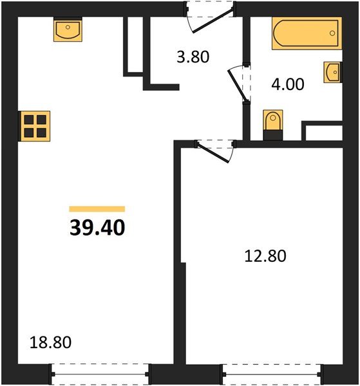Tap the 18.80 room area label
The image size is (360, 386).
(x=50, y=342)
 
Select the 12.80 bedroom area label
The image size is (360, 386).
(x=265, y=256)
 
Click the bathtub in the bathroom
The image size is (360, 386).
(x=305, y=33)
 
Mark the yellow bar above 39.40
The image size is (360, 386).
(x=97, y=208)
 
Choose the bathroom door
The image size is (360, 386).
(x=239, y=82)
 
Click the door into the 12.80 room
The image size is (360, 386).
(x=214, y=151)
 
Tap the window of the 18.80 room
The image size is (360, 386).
(x=100, y=371)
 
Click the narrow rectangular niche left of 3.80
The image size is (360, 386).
(x=133, y=45)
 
